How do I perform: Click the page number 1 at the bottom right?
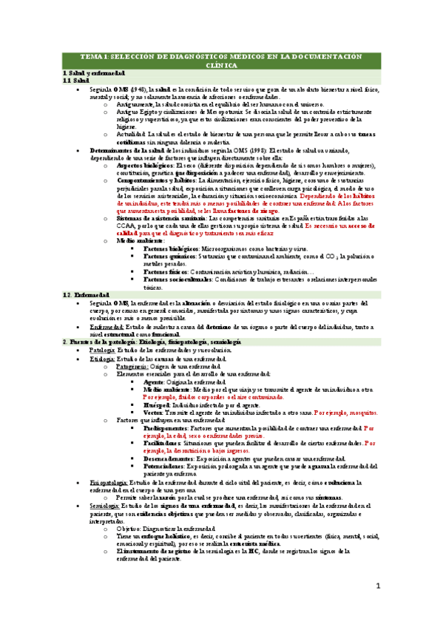[x=378, y=586]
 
